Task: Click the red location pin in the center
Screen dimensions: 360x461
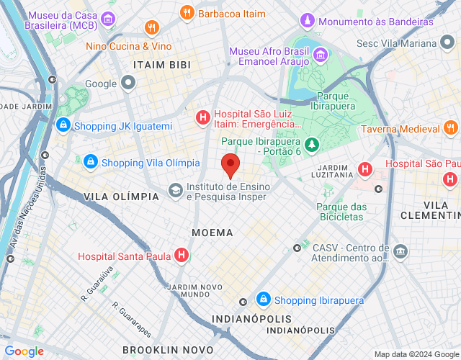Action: pyautogui.click(x=230, y=165)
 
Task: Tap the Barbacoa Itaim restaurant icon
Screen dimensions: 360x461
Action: pyautogui.click(x=187, y=13)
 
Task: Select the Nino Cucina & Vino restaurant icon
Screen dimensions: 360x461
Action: pyautogui.click(x=151, y=28)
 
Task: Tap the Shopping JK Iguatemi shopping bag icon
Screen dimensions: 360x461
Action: pyautogui.click(x=63, y=126)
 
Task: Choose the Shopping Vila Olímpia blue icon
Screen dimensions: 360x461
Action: pyautogui.click(x=91, y=162)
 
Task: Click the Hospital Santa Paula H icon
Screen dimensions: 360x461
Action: pyautogui.click(x=182, y=256)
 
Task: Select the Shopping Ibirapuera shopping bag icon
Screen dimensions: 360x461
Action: pyautogui.click(x=264, y=299)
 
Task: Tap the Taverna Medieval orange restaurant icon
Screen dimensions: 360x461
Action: pyautogui.click(x=450, y=129)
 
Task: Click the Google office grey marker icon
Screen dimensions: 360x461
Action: pyautogui.click(x=128, y=84)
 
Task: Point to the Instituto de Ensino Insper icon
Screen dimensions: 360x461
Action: pyautogui.click(x=176, y=190)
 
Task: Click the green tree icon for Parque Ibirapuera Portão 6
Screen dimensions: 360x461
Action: pyautogui.click(x=311, y=147)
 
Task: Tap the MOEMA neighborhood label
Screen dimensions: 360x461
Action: pyautogui.click(x=212, y=233)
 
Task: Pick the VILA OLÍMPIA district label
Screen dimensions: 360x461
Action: pyautogui.click(x=121, y=197)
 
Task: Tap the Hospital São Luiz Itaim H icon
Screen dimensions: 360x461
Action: pyautogui.click(x=204, y=116)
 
